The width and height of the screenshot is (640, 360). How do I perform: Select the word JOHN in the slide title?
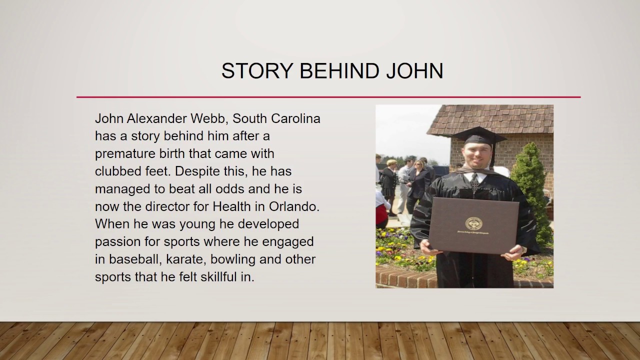click(414, 71)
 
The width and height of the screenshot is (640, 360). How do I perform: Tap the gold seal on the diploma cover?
click(473, 223)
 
